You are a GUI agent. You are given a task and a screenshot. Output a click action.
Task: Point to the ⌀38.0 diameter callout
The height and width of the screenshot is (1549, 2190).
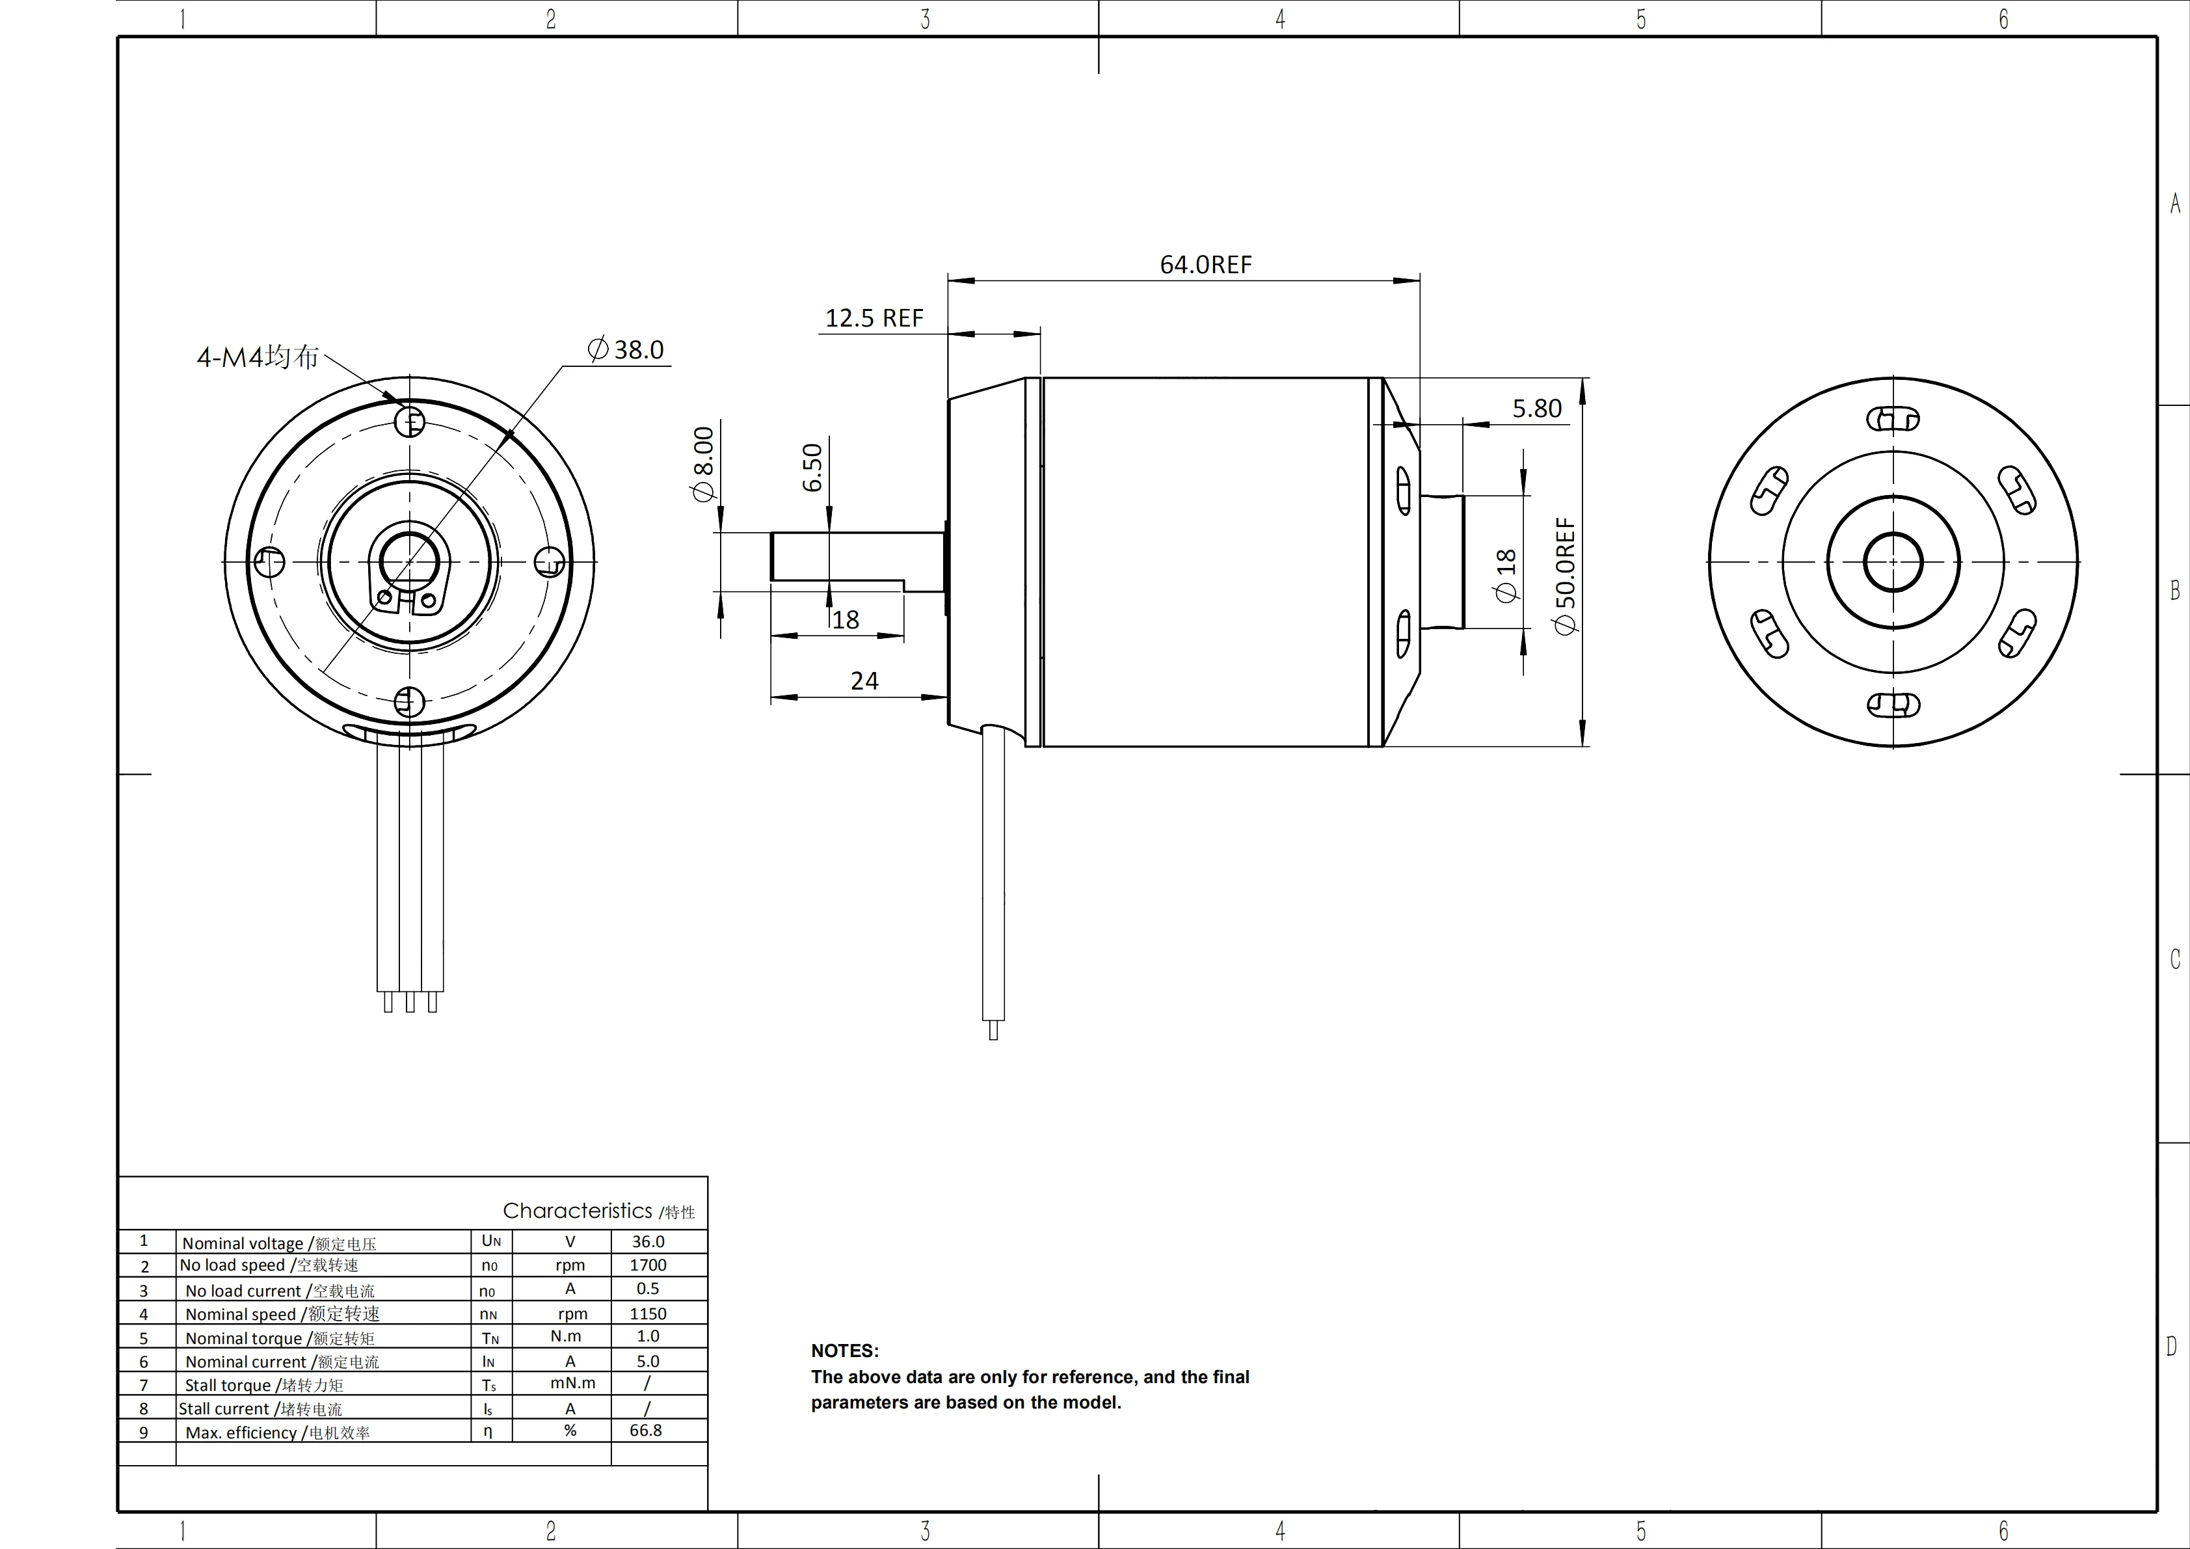(x=626, y=350)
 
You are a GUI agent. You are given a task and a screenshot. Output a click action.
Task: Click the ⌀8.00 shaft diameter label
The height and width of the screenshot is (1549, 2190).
(x=703, y=464)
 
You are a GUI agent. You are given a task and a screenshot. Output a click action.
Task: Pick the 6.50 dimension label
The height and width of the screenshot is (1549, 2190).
(x=812, y=466)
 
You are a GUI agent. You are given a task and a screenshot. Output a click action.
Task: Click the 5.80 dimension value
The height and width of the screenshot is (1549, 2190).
(x=1536, y=409)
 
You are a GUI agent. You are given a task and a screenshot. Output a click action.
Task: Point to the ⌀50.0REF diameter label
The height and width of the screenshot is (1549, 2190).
(x=1565, y=575)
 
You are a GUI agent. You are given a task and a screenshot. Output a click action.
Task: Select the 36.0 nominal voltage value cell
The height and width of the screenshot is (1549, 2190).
(x=648, y=1241)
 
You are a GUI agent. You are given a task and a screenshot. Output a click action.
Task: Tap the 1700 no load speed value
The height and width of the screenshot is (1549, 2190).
(x=648, y=1265)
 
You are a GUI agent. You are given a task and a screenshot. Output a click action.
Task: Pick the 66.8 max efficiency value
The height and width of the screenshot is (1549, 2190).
(x=646, y=1430)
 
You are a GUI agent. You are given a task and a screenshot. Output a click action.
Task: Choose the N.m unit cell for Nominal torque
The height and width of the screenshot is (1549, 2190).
(x=566, y=1336)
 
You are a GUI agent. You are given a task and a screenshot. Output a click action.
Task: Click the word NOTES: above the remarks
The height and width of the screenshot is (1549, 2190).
(x=844, y=1351)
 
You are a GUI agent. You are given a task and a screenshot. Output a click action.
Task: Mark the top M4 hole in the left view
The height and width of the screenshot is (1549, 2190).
(x=410, y=421)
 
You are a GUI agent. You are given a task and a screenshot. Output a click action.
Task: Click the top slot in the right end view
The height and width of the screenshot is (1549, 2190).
(x=1892, y=419)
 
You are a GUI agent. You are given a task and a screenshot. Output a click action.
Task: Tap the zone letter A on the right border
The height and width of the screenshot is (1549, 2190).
(x=2175, y=203)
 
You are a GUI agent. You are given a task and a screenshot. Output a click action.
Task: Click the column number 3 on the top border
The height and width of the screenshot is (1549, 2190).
(x=924, y=19)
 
